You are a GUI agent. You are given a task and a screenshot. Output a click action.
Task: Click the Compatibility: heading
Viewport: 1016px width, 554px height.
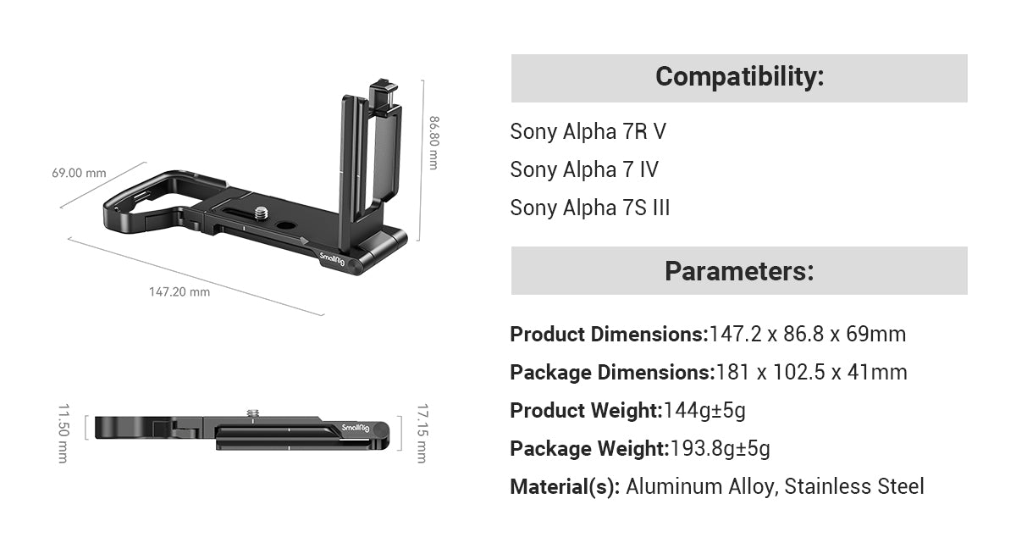point(739,77)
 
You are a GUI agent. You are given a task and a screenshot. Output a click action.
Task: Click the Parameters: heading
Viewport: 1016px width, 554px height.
point(739,271)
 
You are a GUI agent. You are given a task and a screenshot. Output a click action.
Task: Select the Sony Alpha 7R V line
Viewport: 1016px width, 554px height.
point(588,131)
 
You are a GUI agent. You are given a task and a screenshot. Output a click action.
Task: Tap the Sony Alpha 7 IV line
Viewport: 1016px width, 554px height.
point(583,169)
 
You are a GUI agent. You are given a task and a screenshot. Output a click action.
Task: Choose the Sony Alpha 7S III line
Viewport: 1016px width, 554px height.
point(589,208)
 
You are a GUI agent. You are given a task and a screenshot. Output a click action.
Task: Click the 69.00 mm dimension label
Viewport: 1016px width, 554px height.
point(79,173)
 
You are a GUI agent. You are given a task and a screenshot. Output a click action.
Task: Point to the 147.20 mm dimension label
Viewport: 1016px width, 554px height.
point(179,291)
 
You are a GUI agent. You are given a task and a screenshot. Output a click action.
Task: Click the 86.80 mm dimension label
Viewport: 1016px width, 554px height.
point(433,142)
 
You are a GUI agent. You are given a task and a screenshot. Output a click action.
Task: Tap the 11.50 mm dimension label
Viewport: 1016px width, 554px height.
point(63,434)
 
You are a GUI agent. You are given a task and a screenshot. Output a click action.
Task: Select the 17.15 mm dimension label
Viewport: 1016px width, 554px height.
point(422,434)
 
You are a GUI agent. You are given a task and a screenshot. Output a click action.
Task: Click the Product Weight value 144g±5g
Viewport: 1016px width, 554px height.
point(704,411)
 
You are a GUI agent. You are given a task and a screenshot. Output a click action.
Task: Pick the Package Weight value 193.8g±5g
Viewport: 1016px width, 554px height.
point(720,449)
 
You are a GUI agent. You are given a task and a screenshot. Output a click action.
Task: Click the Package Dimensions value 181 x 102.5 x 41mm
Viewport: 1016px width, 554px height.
point(811,373)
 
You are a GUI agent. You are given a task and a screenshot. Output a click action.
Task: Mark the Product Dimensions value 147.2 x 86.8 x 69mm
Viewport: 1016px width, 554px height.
point(807,335)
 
